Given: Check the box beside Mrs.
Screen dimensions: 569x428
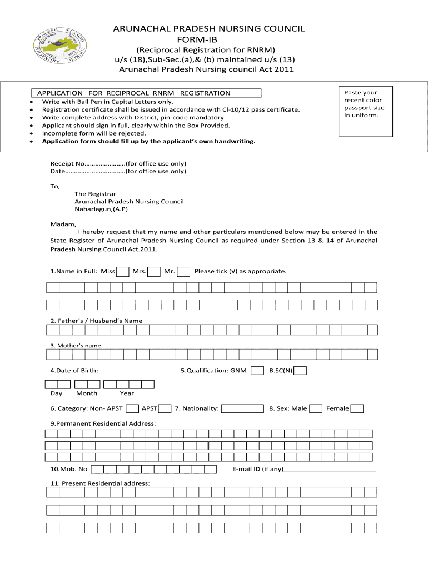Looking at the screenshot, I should coord(154,272).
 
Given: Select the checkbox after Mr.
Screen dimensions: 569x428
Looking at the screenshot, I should coord(183,272).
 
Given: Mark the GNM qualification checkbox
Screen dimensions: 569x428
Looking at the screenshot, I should coord(257,371).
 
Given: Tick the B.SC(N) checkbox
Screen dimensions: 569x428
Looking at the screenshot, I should coord(300,371).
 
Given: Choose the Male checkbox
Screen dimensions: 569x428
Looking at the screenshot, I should coord(316,409).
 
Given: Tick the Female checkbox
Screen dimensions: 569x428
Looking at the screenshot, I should coord(357,409).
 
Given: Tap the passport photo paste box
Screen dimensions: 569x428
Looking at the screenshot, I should coord(365,111).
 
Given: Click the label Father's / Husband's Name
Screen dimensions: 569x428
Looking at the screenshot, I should coord(96,321).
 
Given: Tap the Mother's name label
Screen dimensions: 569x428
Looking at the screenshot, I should coord(76,346).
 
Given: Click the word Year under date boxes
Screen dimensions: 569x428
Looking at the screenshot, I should coord(127,393).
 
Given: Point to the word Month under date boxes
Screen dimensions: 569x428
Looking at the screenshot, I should coord(87,393).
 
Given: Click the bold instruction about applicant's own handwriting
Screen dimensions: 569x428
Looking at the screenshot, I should coord(149,142).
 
